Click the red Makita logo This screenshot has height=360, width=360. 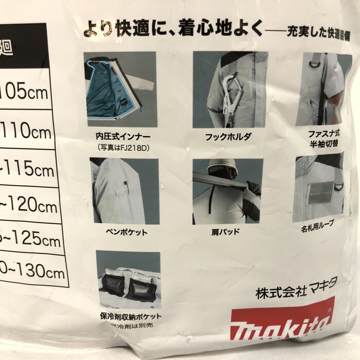point(282,321)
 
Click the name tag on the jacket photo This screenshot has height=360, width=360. point(319,193)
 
